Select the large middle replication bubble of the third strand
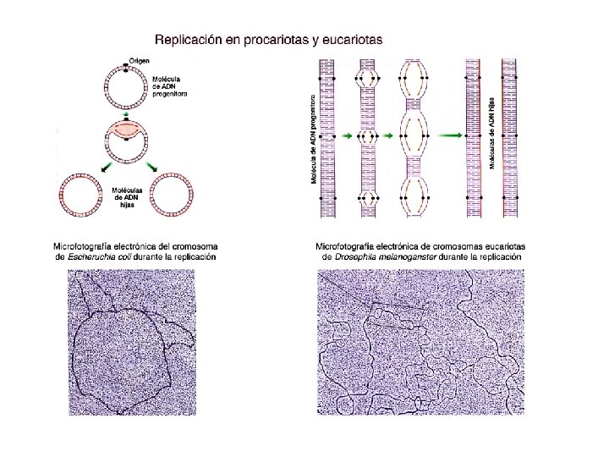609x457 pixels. (x=414, y=135)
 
